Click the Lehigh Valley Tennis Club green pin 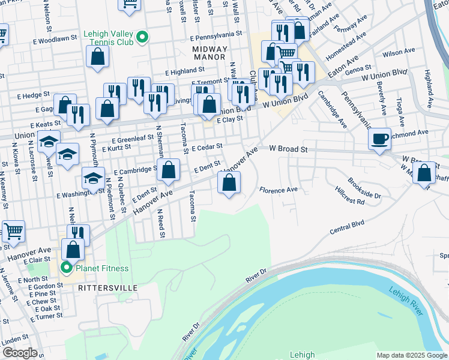pyautogui.click(x=142, y=37)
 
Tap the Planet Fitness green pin pyautogui.click(x=66, y=268)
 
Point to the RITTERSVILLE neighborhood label pyautogui.click(x=107, y=288)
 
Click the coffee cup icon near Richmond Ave pyautogui.click(x=379, y=139)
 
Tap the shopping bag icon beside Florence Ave pyautogui.click(x=229, y=183)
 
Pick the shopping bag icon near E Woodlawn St pyautogui.click(x=97, y=57)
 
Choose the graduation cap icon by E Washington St pyautogui.click(x=93, y=179)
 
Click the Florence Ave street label pyautogui.click(x=279, y=190)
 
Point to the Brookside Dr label pyautogui.click(x=365, y=187)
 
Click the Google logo pyautogui.click(x=20, y=352)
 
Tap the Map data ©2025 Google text pyautogui.click(x=412, y=355)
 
